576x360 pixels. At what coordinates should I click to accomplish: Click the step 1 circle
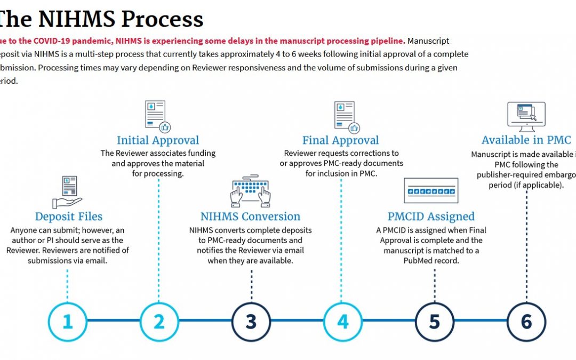coord(67,322)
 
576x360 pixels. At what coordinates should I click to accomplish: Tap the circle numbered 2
coord(159,322)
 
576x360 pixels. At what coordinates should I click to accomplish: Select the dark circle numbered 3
coord(251,322)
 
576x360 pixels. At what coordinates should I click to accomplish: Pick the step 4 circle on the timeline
coord(342,322)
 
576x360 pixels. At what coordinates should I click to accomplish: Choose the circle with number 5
coord(434,322)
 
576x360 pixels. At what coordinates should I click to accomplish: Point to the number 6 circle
coord(526,322)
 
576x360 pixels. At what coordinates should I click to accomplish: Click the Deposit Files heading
coord(69,217)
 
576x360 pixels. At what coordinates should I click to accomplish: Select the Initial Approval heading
coord(158,141)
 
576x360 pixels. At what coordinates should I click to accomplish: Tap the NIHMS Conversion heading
coord(250,217)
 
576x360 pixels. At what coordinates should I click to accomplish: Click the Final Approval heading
coord(340,141)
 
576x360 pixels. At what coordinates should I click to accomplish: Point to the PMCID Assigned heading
coord(431,217)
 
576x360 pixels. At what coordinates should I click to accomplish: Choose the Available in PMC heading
coord(526,140)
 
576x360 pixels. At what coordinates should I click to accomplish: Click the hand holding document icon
coord(68,193)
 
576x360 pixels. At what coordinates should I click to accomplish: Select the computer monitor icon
coord(526,117)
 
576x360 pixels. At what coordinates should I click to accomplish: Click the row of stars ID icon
coord(431,191)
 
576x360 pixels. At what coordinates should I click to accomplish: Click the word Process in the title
coord(162,19)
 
